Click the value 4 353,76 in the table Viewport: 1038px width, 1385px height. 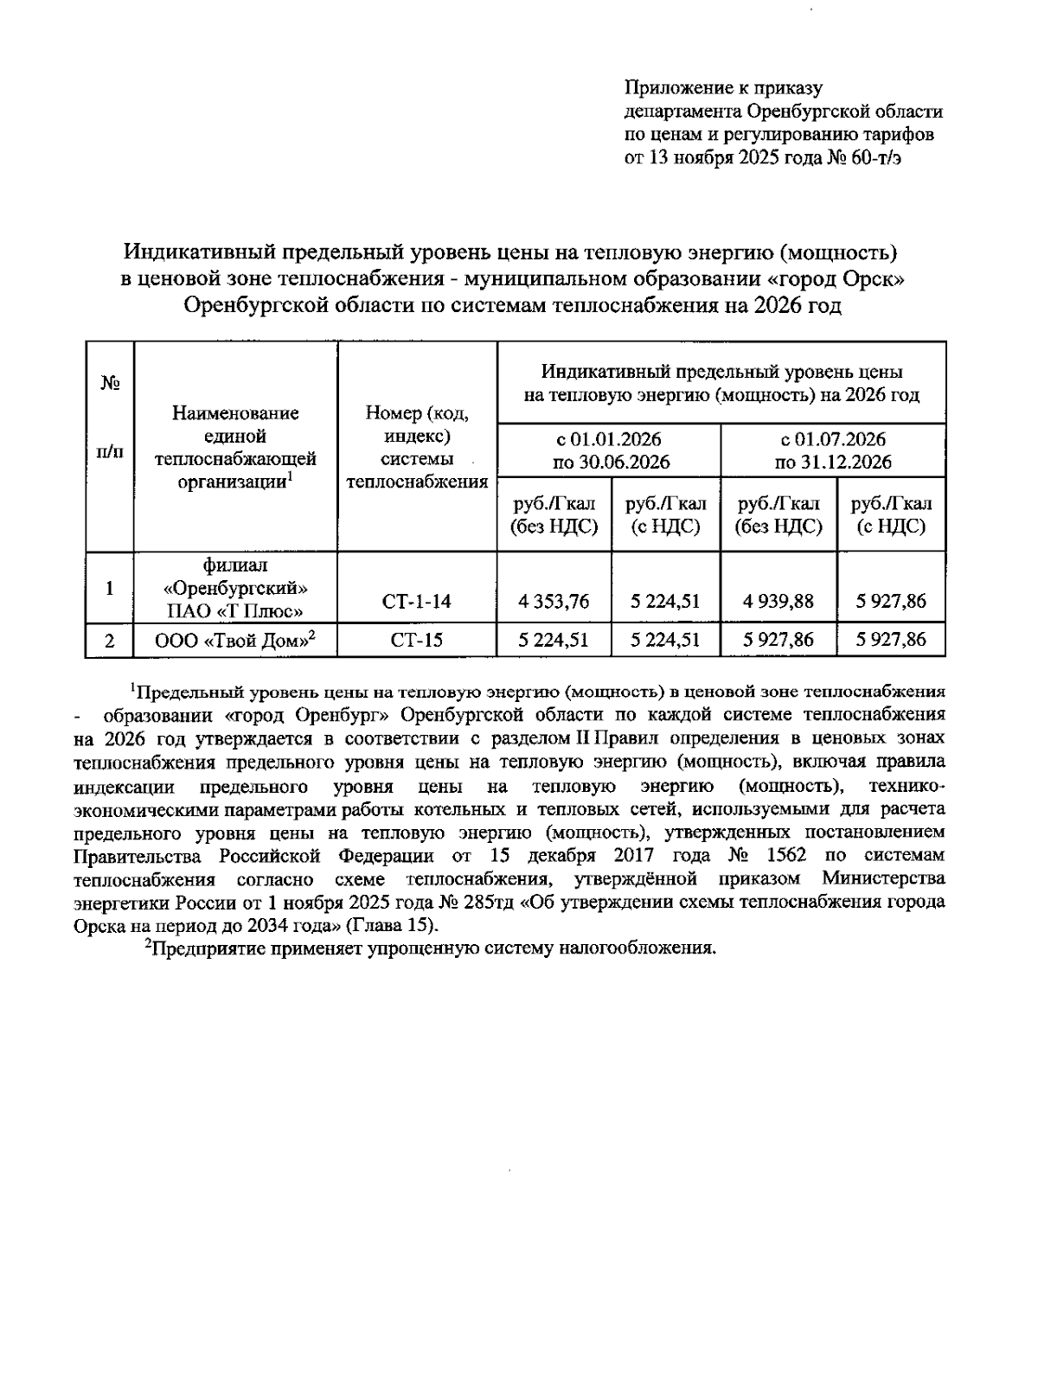pyautogui.click(x=554, y=601)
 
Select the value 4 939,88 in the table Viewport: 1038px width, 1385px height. pyautogui.click(x=778, y=601)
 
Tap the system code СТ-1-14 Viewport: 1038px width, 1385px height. pyautogui.click(x=417, y=601)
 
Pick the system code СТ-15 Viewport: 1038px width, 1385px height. pyautogui.click(x=417, y=641)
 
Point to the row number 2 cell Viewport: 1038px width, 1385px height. pyautogui.click(x=109, y=641)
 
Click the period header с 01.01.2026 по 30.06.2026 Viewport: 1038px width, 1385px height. pyautogui.click(x=609, y=450)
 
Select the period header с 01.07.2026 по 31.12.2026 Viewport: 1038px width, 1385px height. pyautogui.click(x=832, y=450)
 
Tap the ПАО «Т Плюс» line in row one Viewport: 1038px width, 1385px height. pyautogui.click(x=234, y=611)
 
